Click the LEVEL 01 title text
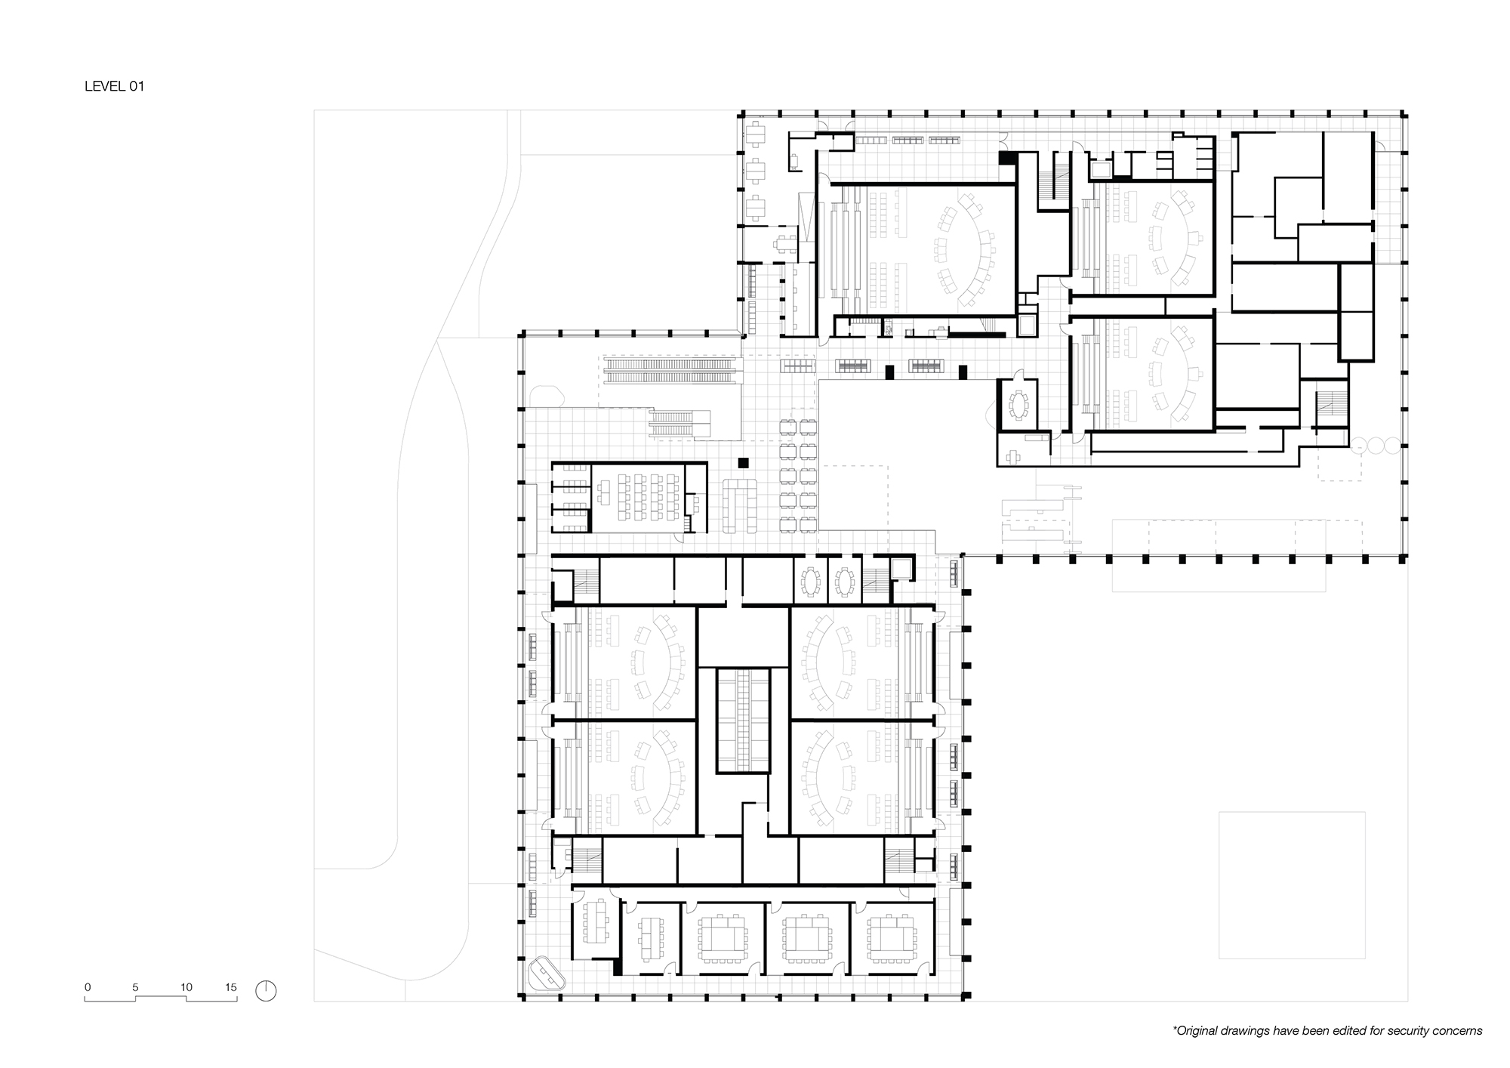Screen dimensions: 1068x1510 pyautogui.click(x=114, y=86)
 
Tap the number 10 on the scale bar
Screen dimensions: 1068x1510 pyautogui.click(x=186, y=987)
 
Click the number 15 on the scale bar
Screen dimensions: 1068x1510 pyautogui.click(x=231, y=987)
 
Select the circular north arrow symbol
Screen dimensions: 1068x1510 pyautogui.click(x=266, y=991)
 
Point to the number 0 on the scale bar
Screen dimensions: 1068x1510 pyautogui.click(x=88, y=987)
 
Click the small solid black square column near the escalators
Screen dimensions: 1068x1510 pyautogui.click(x=743, y=461)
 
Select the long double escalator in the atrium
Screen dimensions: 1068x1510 pyautogui.click(x=670, y=370)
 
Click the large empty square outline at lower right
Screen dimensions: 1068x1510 pyautogui.click(x=1292, y=885)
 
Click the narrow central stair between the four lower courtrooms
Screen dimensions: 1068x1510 pyautogui.click(x=744, y=720)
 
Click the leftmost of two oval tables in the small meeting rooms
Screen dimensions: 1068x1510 pyautogui.click(x=811, y=582)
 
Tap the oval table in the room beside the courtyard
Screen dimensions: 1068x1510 pyautogui.click(x=1019, y=405)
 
